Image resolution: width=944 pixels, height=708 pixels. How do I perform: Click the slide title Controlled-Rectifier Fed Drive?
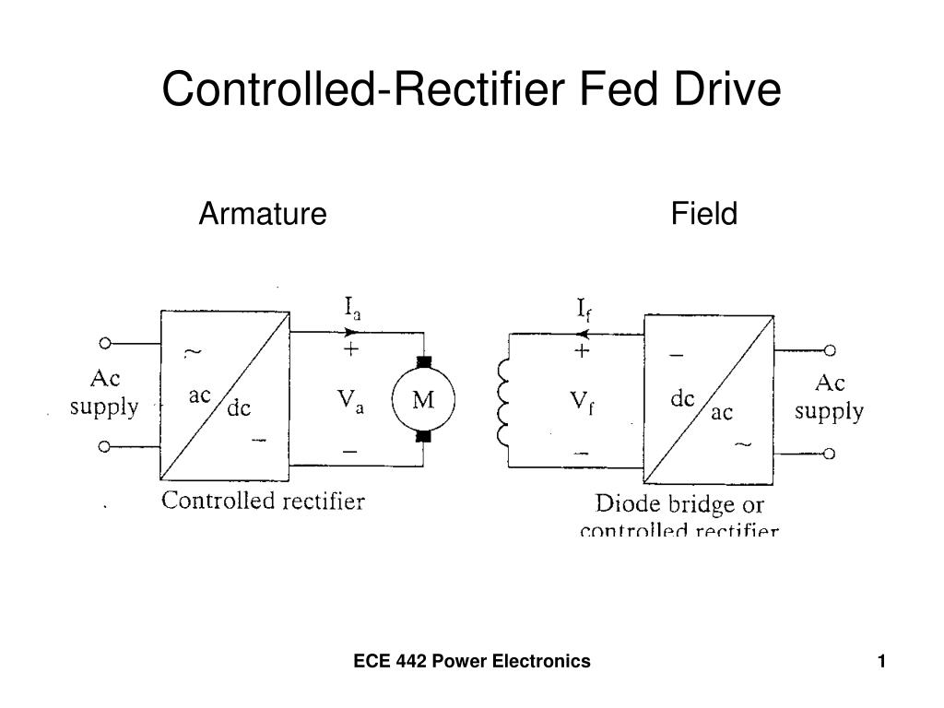click(x=471, y=89)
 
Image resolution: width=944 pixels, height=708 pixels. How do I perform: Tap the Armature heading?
click(x=263, y=214)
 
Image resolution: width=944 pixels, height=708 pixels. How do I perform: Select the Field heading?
click(x=704, y=214)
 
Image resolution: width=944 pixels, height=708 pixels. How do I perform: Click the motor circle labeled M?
click(x=422, y=400)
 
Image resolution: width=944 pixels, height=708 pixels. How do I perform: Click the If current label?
click(x=584, y=308)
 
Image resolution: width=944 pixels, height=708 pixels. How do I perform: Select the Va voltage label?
click(x=350, y=401)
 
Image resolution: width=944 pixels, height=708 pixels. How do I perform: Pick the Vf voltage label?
click(x=581, y=402)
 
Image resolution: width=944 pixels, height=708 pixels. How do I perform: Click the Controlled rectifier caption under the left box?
click(x=264, y=501)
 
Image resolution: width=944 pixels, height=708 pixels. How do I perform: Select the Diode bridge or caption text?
click(x=679, y=504)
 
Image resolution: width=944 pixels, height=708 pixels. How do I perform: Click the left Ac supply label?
click(x=105, y=392)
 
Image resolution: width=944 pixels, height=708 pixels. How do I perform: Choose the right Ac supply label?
click(x=830, y=396)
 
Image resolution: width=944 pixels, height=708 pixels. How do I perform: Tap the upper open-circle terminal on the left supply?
click(x=105, y=343)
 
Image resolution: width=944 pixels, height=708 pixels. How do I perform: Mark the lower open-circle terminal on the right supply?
click(x=830, y=454)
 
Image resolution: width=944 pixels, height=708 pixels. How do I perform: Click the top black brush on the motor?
click(x=424, y=361)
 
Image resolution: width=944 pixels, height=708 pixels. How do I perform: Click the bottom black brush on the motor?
click(x=424, y=435)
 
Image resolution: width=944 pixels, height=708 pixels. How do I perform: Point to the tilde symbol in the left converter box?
click(x=195, y=351)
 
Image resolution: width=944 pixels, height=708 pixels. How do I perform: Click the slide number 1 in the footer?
click(x=881, y=661)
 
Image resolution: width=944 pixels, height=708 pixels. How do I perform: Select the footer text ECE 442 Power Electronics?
click(x=472, y=661)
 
